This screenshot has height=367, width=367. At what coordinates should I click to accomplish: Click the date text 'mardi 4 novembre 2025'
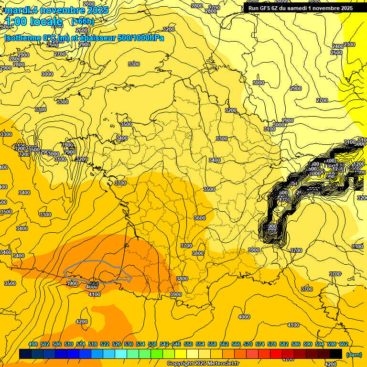pos(57,10)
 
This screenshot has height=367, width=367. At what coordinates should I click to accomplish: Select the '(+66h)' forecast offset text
pos(82,22)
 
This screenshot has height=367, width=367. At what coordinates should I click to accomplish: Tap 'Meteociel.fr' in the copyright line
pos(223,364)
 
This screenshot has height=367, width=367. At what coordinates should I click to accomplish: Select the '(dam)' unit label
pos(354,355)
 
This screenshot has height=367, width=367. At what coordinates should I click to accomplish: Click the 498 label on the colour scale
pos(33,344)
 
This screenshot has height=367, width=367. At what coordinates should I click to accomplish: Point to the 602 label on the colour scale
pos(343,344)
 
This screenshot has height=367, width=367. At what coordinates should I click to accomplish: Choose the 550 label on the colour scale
pos(188,344)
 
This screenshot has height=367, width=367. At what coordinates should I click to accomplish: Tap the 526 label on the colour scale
pos(117,344)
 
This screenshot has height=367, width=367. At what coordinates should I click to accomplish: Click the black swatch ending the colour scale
pos(336,354)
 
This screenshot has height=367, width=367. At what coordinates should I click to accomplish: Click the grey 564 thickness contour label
pos(94,283)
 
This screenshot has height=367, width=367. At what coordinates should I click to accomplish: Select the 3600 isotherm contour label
pos(200,218)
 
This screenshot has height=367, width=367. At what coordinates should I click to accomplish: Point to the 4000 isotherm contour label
pos(244,316)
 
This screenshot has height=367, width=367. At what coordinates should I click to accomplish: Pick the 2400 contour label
pos(338,46)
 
